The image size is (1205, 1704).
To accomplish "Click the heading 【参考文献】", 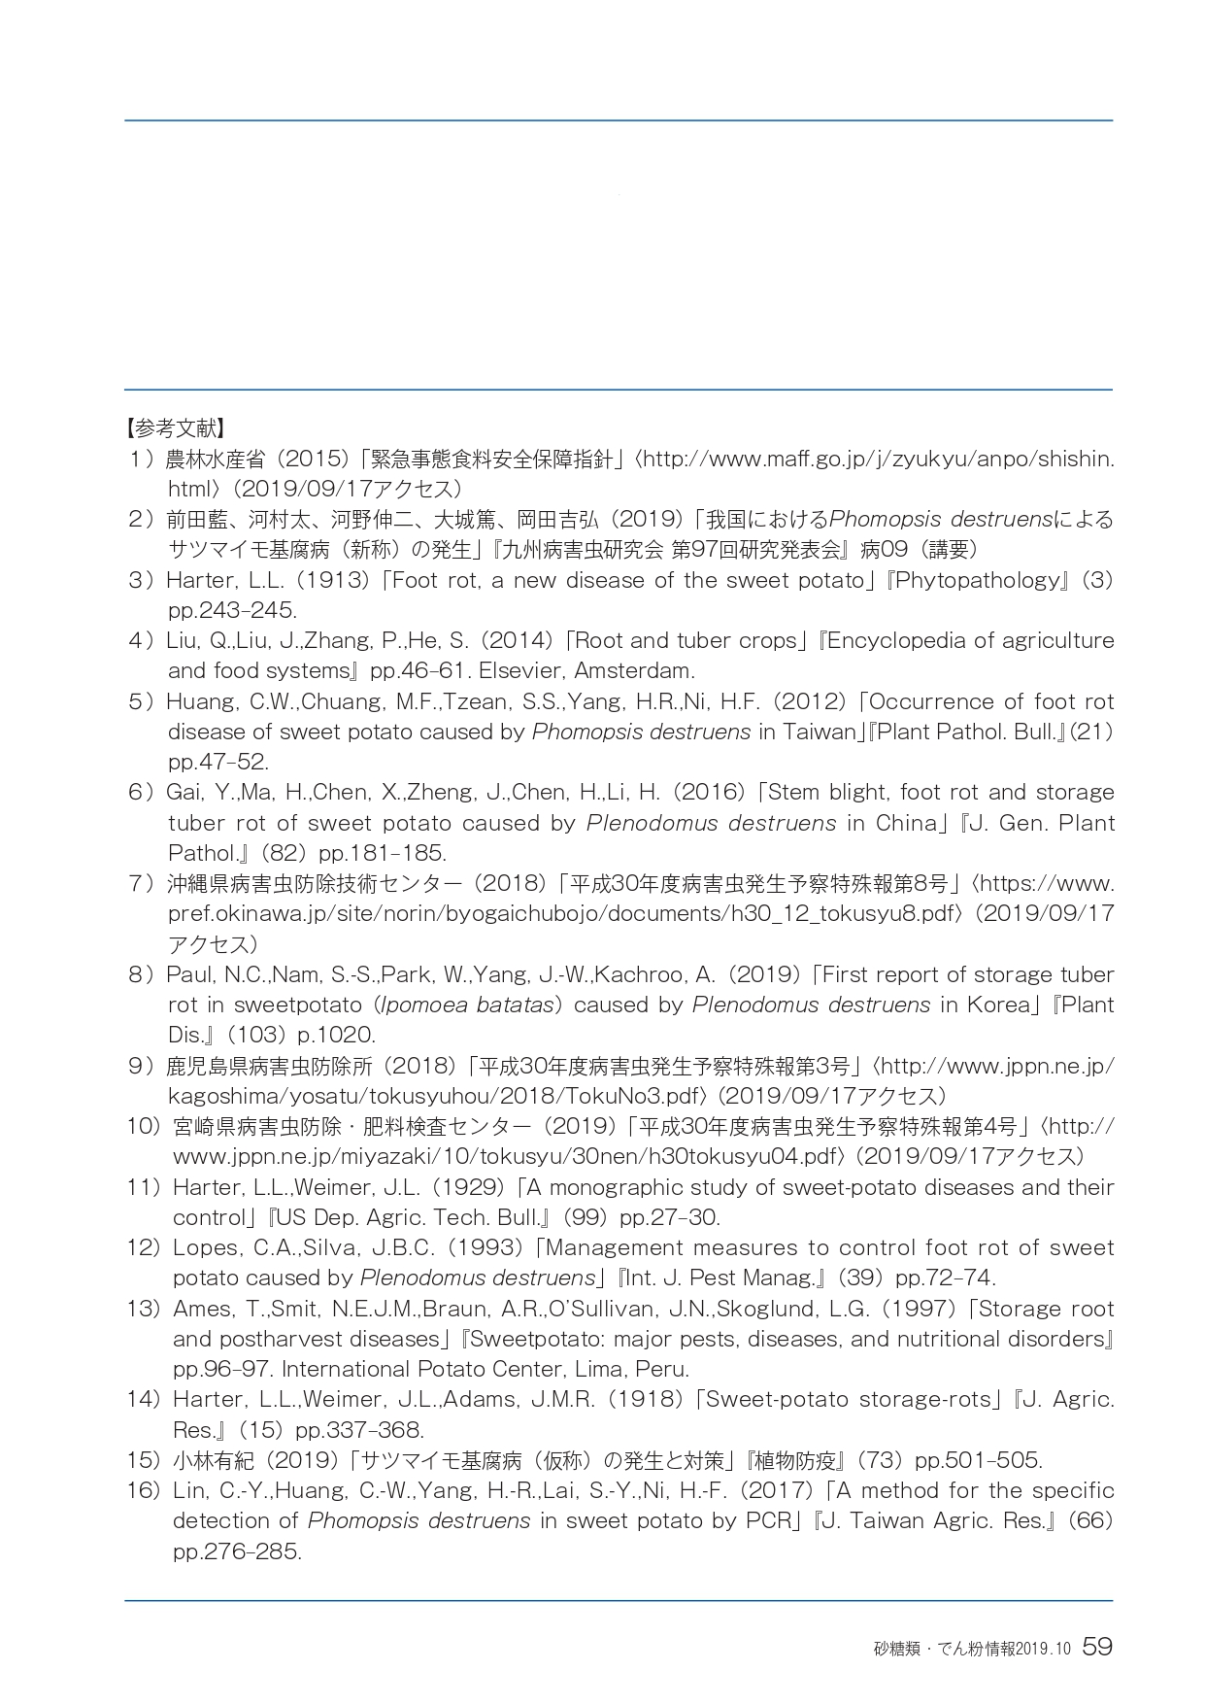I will [176, 427].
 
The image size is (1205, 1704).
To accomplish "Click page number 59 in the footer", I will [1096, 1647].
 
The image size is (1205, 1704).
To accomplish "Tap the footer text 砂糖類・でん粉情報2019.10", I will [971, 1649].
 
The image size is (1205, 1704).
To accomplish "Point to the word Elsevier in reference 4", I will [521, 670].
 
